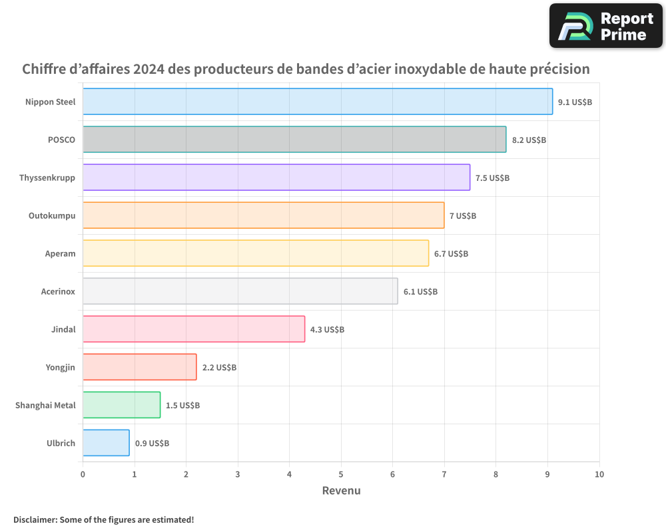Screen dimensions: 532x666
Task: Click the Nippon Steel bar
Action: coord(318,102)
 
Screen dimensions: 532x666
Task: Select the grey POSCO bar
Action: coord(294,140)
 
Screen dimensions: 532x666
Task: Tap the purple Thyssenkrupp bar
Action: coord(276,178)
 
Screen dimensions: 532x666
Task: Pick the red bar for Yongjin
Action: coord(140,367)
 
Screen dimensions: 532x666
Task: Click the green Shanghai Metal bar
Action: coord(122,405)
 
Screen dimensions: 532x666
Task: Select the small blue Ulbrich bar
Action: coord(107,443)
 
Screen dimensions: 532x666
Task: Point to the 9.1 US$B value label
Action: coord(575,102)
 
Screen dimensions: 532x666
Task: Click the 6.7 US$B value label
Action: coord(451,254)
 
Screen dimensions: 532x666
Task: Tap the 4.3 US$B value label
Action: coord(327,330)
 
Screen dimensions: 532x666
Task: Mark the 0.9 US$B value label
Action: coord(152,444)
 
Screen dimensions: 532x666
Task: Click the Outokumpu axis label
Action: coord(52,215)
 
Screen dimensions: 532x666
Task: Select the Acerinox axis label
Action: coord(58,291)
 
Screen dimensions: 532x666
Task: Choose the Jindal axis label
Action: coord(63,329)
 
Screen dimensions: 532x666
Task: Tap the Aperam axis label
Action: coord(60,253)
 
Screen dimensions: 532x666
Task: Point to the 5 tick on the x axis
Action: coord(341,475)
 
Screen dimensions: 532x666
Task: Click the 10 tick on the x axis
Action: coord(599,475)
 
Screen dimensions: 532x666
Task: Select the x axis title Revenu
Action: coord(341,491)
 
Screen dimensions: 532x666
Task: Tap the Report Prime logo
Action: coord(606,26)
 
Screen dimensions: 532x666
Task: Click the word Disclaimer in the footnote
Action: coord(34,519)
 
